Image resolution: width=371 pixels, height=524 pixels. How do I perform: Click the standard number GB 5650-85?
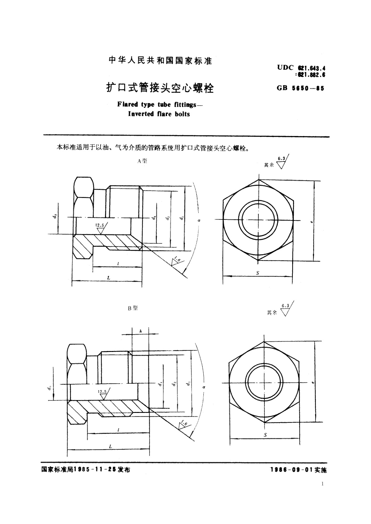300,88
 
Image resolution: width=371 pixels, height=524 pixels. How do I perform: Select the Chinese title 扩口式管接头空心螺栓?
160,88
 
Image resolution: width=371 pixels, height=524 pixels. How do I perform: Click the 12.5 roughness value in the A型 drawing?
100,225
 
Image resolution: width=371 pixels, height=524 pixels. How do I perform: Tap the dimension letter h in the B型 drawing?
140,331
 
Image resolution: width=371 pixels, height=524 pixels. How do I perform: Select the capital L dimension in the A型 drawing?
109,278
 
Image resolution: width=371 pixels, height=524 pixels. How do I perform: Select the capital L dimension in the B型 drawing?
110,446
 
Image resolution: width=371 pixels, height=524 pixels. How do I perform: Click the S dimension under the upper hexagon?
258,273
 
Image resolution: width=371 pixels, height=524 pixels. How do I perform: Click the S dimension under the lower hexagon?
265,435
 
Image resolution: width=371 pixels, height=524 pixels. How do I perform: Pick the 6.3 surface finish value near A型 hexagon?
281,159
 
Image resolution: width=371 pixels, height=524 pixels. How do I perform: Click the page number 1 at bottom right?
322,484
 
